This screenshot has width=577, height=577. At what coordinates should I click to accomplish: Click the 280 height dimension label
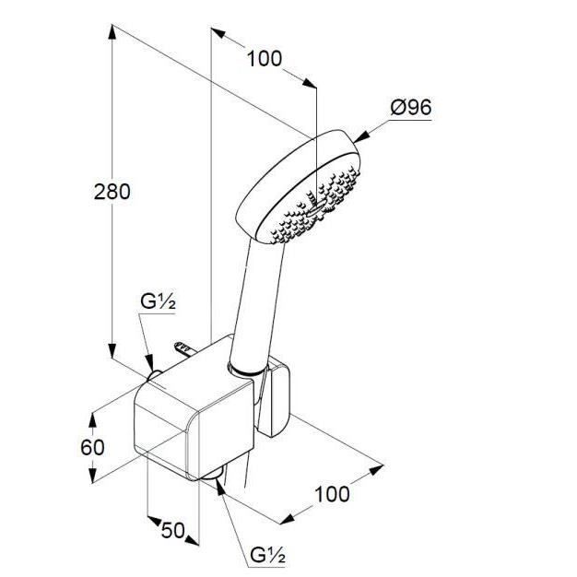click(x=112, y=192)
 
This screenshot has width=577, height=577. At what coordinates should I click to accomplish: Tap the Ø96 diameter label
click(x=411, y=108)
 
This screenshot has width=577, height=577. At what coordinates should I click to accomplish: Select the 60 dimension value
click(x=92, y=447)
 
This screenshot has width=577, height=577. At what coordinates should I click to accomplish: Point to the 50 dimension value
click(x=172, y=530)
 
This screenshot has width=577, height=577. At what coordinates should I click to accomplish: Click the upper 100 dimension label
click(x=265, y=58)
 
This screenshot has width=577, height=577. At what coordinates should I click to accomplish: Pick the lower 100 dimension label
click(x=332, y=494)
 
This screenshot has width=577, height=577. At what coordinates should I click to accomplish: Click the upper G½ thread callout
click(x=158, y=302)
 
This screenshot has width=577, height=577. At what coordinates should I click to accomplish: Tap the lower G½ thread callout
click(x=267, y=555)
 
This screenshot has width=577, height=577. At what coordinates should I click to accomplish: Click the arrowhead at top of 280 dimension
click(x=112, y=31)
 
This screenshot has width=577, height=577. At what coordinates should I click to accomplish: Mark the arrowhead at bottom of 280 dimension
click(x=112, y=350)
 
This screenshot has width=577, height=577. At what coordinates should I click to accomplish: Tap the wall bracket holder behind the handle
click(x=274, y=397)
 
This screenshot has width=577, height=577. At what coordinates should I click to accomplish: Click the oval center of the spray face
click(x=315, y=208)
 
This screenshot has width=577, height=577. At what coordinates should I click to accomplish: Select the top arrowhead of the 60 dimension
click(x=92, y=420)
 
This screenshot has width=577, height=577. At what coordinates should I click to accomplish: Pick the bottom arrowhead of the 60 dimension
click(x=92, y=475)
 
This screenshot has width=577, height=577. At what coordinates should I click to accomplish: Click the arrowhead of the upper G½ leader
click(x=149, y=363)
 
